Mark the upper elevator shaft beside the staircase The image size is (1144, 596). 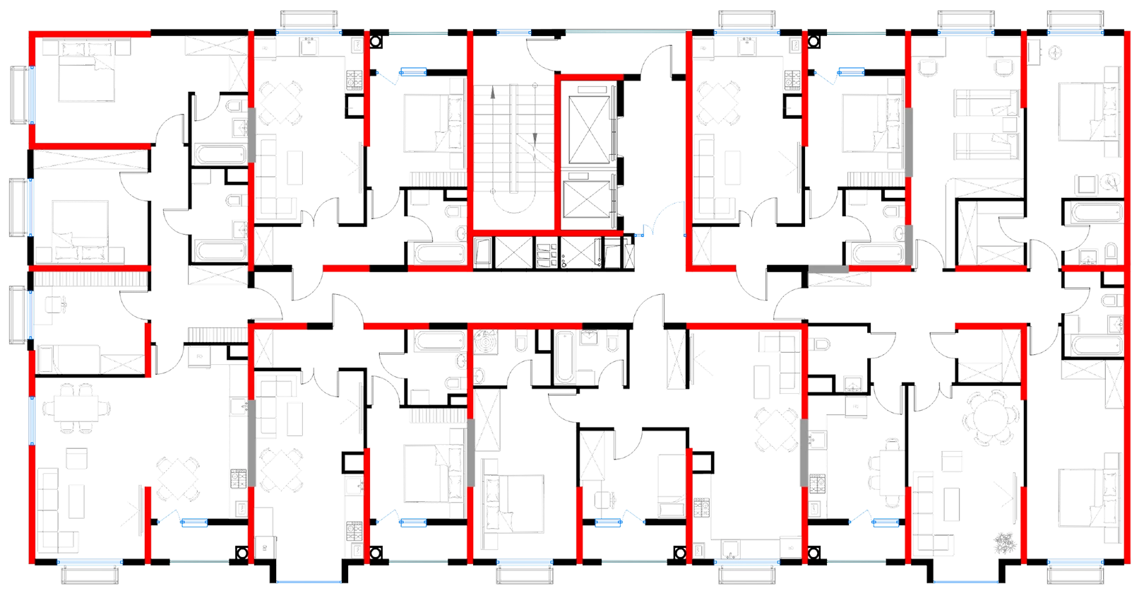coord(588,124)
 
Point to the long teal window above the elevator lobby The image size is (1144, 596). coord(625,33)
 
